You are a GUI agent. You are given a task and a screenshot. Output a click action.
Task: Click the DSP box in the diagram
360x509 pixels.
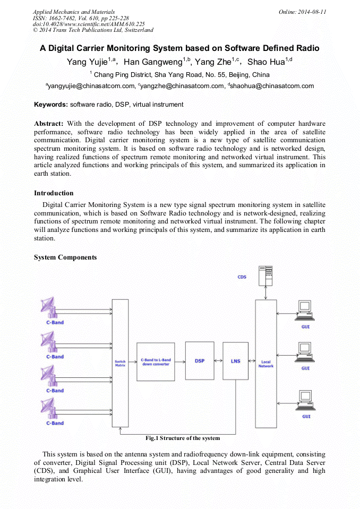pos(200,361)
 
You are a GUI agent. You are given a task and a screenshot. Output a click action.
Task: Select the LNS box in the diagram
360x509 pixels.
pos(236,361)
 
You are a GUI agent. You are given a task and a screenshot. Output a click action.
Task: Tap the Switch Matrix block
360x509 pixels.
pos(121,363)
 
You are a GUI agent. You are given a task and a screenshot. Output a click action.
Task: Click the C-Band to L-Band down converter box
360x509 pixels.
pos(156,361)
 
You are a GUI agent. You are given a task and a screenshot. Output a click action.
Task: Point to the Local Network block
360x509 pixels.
pos(266,364)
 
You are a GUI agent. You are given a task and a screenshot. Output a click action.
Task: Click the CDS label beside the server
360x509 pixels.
pos(242,277)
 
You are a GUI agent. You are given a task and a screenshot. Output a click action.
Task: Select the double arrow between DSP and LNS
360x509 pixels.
pos(218,361)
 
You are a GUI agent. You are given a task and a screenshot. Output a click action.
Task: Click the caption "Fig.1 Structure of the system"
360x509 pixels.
pos(183,438)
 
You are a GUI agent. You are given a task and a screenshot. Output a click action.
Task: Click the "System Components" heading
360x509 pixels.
pos(65,257)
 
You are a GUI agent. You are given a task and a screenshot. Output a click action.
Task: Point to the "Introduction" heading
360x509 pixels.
pos(54,193)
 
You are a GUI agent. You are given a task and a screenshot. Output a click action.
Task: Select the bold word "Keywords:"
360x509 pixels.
pos(51,105)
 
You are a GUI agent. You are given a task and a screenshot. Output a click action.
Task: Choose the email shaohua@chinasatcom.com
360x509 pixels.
pos(272,86)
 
